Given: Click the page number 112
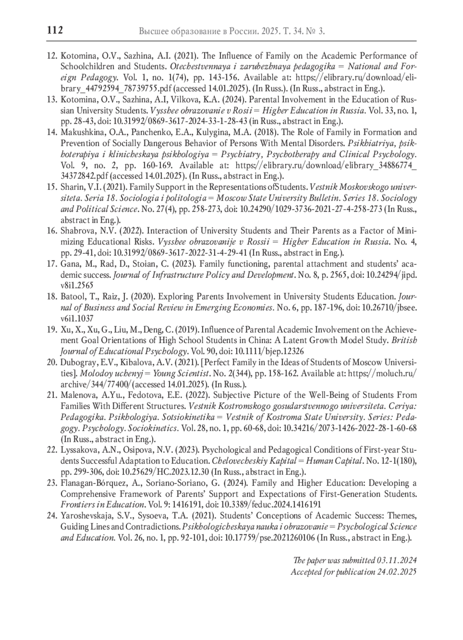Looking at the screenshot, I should click(55, 30).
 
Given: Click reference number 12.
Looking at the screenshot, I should click(52, 56).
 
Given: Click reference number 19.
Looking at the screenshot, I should click(52, 330).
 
